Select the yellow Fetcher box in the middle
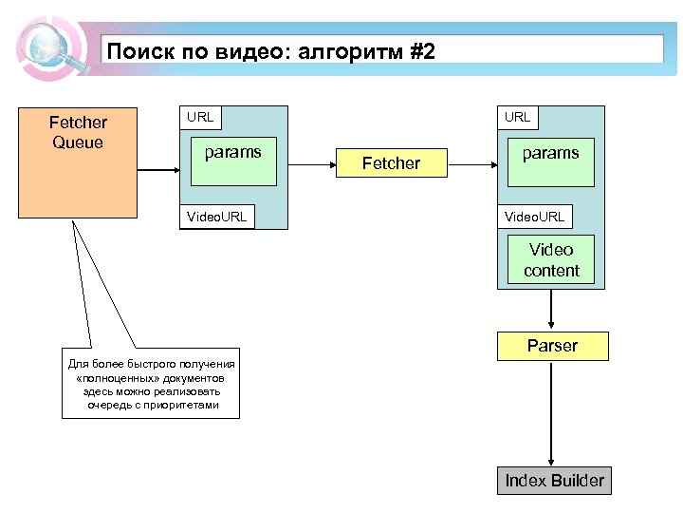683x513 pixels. coord(391,163)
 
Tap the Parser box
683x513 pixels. coord(552,346)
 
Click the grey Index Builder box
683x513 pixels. coord(554,481)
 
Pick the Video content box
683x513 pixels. coord(551,260)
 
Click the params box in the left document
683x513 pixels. coord(234,162)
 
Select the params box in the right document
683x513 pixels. coord(550,162)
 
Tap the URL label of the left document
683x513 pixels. coord(200,118)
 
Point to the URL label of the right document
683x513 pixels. coord(518,118)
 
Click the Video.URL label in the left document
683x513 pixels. coord(217,217)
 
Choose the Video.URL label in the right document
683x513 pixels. coord(534,217)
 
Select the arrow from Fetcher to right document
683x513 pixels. coord(471,163)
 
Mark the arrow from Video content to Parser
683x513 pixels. coord(551,309)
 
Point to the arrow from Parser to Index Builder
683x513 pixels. coord(551,413)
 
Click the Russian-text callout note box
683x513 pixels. coord(152,384)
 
